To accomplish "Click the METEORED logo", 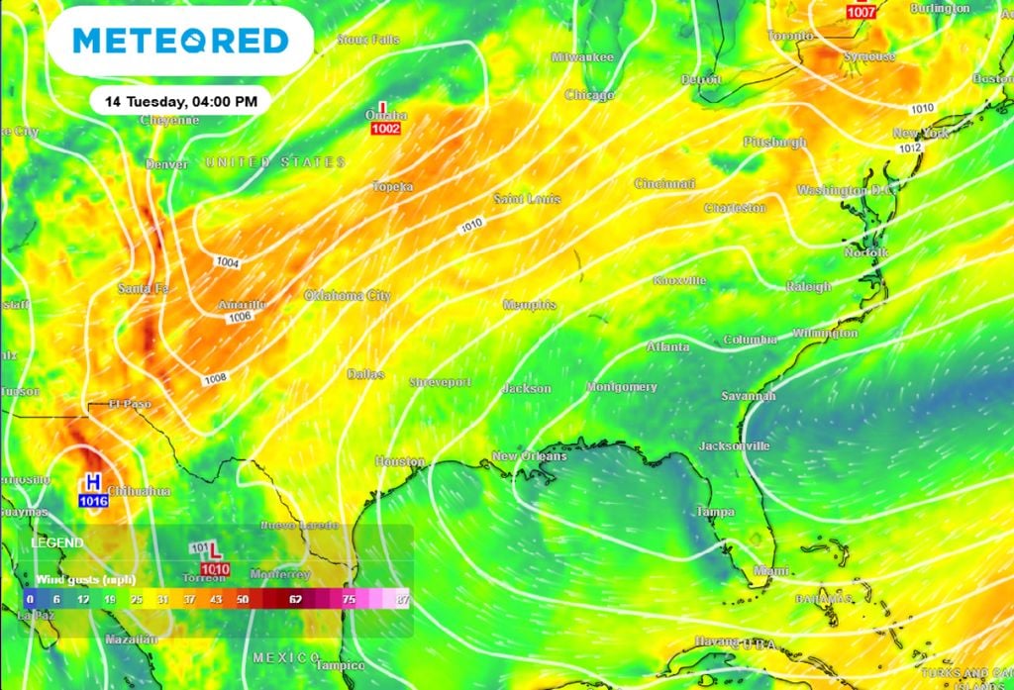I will click(x=180, y=41).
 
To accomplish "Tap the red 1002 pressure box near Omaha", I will click(x=385, y=130).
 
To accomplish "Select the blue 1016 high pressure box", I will click(x=93, y=501).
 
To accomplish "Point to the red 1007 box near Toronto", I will click(x=862, y=12).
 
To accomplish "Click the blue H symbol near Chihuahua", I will click(x=93, y=483).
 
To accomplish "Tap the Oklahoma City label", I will click(x=347, y=296).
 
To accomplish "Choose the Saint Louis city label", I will click(x=527, y=199).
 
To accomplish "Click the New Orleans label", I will click(x=530, y=456).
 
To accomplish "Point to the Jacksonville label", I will click(x=734, y=446).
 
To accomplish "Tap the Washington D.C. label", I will click(x=846, y=189).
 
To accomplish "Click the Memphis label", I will click(x=529, y=305).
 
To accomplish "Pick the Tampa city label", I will click(x=714, y=512).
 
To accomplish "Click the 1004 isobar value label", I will click(x=228, y=261).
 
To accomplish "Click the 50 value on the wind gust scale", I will click(x=243, y=599).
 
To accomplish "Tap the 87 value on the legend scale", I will click(x=403, y=599).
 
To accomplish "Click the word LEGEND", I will click(x=56, y=543).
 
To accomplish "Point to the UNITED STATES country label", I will click(x=275, y=161).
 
